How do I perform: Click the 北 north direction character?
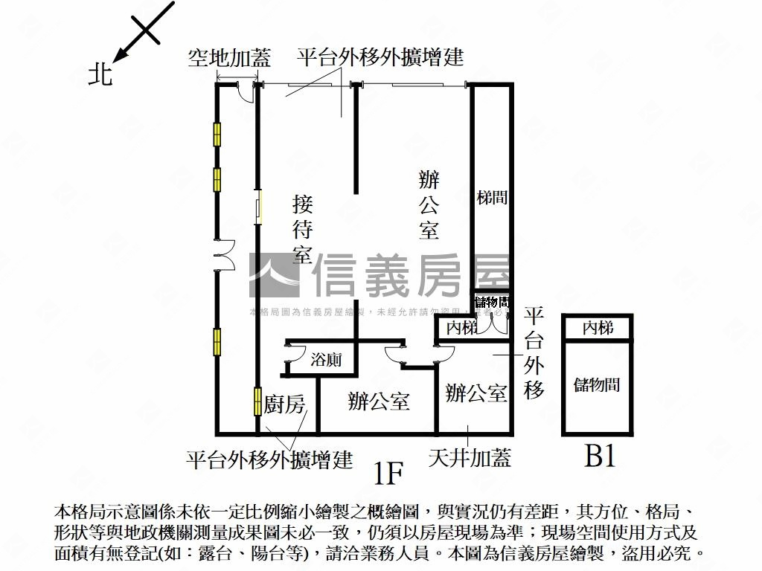[x=100, y=75]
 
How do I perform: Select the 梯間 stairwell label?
[x=492, y=198]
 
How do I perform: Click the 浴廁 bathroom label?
[x=327, y=360]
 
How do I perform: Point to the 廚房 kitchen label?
[x=284, y=405]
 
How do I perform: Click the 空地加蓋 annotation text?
[x=229, y=57]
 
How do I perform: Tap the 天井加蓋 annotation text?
[x=470, y=457]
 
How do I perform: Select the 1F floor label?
[x=388, y=471]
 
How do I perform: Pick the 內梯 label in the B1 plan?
[x=598, y=327]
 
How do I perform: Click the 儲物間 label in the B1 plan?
[x=597, y=384]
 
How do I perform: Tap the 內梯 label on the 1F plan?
[x=461, y=328]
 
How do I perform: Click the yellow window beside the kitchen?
[x=257, y=401]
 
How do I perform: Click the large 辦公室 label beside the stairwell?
[x=429, y=204]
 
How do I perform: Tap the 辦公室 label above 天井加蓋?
[x=476, y=393]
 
